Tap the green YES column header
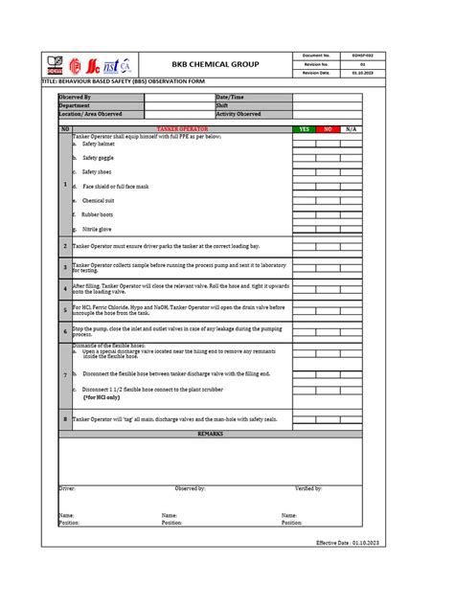pos(304,128)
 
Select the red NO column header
pos(327,128)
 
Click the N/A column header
pos(352,128)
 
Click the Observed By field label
pos(76,97)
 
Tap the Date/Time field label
pos(231,97)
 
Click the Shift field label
pos(222,105)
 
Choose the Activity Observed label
pos(238,113)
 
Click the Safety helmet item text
pos(98,144)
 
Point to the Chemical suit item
pos(99,200)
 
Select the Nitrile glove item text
pos(98,230)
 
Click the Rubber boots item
pos(98,214)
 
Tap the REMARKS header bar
pos(210,434)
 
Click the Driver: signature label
pos(67,488)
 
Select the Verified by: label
pos(308,488)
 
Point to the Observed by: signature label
pos(190,488)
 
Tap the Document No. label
pos(315,56)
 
